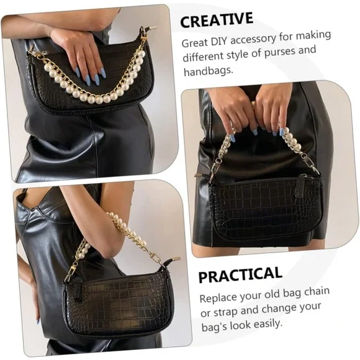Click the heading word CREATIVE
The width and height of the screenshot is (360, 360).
(x=217, y=20)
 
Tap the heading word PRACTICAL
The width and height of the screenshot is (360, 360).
(x=240, y=274)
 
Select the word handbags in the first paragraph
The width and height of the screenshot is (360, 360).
(x=208, y=71)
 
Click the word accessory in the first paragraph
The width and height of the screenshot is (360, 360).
(x=253, y=40)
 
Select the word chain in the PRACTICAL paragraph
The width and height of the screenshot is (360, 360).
(x=317, y=291)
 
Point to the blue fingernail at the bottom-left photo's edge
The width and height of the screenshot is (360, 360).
(x=37, y=320)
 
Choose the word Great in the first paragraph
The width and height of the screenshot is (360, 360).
(x=195, y=43)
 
